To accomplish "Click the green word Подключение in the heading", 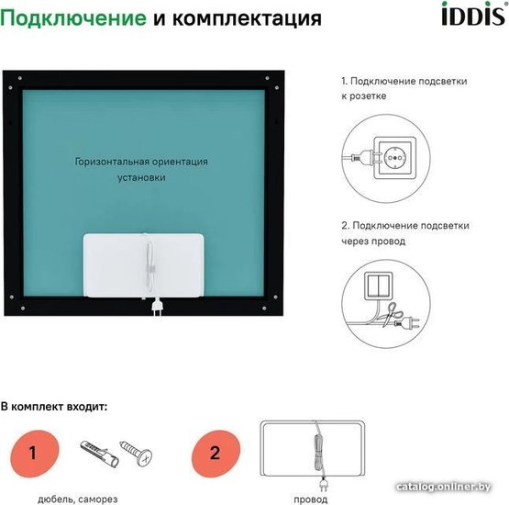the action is tap(73, 18).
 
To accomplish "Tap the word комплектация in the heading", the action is tap(247, 19).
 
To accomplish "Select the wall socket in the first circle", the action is tap(395, 158).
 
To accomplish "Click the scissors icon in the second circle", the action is tap(392, 314).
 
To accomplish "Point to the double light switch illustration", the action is tap(379, 286).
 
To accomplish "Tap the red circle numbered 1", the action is tap(35, 454).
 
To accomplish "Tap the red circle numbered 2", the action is tap(216, 454).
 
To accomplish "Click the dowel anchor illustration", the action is tap(99, 453).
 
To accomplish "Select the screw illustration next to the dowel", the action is tap(137, 453).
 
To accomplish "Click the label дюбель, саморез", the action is tap(78, 499).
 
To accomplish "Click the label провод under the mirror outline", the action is tap(311, 499).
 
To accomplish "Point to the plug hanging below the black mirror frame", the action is tap(158, 306).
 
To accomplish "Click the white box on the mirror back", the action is tap(143, 265).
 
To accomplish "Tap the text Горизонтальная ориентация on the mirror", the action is tap(141, 162).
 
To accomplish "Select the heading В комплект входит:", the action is tap(54, 407).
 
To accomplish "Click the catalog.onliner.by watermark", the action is tap(444, 487).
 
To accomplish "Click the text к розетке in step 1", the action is tap(364, 96).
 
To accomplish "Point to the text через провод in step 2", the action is tap(373, 241).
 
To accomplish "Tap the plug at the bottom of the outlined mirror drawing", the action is tap(323, 485).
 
